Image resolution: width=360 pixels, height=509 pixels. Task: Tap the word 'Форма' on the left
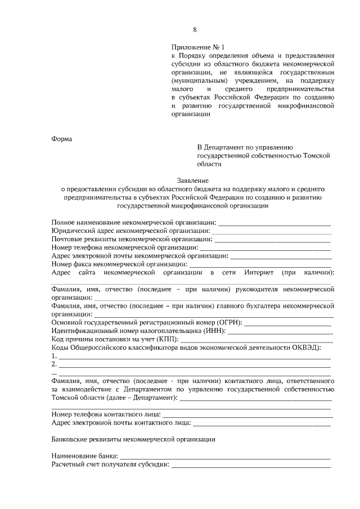(x=62, y=139)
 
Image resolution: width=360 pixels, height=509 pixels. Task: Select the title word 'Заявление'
(x=192, y=181)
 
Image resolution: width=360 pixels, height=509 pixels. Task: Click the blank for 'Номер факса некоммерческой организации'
(x=260, y=264)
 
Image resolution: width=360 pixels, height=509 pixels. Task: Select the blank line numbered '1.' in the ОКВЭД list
(x=194, y=357)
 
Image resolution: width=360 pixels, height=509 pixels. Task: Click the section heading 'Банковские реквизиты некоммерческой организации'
(x=133, y=438)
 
